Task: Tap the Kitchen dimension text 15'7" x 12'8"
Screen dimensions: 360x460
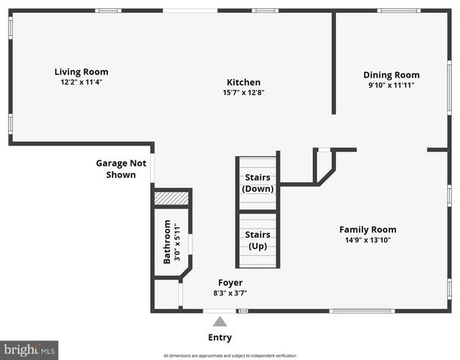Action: pos(244,93)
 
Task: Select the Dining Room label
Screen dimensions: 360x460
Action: pos(391,75)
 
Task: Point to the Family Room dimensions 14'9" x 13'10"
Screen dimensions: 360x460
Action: pos(368,240)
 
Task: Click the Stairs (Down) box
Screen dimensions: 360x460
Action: pos(258,182)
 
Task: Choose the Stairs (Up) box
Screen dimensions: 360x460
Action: pos(258,240)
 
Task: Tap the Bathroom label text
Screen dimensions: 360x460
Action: pos(168,241)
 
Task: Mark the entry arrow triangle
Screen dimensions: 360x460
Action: pos(219,321)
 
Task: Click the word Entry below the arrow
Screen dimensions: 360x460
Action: pos(219,337)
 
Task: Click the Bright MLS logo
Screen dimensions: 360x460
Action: pos(29,350)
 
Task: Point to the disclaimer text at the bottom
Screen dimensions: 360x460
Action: pos(230,355)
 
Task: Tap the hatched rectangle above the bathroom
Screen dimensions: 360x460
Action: pos(171,199)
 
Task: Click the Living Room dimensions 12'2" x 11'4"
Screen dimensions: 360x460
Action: pos(81,82)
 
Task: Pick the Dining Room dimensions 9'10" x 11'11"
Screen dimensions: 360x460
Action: pos(391,85)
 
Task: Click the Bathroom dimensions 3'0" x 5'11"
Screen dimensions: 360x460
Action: pos(178,241)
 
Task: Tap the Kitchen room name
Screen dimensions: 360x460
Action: pos(244,82)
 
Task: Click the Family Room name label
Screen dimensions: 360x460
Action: pos(368,229)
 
